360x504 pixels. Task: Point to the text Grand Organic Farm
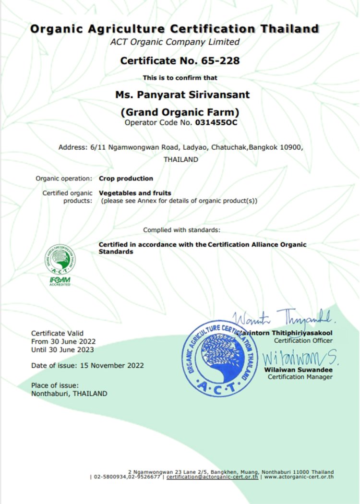(x=180, y=113)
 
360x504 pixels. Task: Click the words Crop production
(x=126, y=178)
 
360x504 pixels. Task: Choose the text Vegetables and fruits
(x=134, y=193)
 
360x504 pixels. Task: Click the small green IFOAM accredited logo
(x=60, y=265)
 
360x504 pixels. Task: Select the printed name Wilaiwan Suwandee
(x=298, y=370)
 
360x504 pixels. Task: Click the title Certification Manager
(x=300, y=377)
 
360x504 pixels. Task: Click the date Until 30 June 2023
(x=62, y=349)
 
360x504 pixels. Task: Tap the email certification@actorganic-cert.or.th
(x=212, y=477)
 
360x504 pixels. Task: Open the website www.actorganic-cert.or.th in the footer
(x=299, y=477)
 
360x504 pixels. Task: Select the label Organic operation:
(x=64, y=178)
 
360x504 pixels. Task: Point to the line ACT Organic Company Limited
(x=175, y=42)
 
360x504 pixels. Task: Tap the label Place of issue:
(x=54, y=385)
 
